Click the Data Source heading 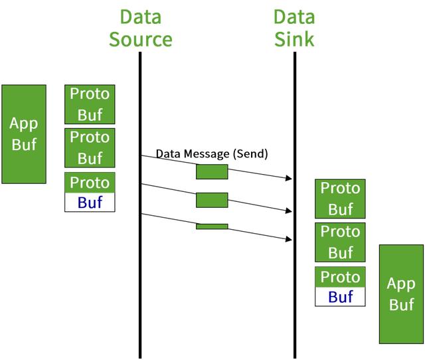pyautogui.click(x=140, y=28)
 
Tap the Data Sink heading pyautogui.click(x=294, y=28)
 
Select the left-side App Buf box pyautogui.click(x=24, y=134)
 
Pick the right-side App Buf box pyautogui.click(x=401, y=294)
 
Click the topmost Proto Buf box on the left pyautogui.click(x=90, y=104)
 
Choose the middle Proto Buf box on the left pyautogui.click(x=90, y=148)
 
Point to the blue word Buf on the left pyautogui.click(x=90, y=202)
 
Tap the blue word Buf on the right pyautogui.click(x=341, y=296)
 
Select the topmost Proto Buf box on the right pyautogui.click(x=340, y=199)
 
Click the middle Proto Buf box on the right pyautogui.click(x=340, y=242)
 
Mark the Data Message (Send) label pyautogui.click(x=212, y=153)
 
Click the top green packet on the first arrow pyautogui.click(x=212, y=171)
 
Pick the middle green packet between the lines pyautogui.click(x=212, y=200)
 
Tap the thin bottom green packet pyautogui.click(x=212, y=226)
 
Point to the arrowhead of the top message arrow pyautogui.click(x=289, y=178)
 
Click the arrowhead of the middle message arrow pyautogui.click(x=289, y=211)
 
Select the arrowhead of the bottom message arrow pyautogui.click(x=289, y=239)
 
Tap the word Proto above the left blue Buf pyautogui.click(x=90, y=183)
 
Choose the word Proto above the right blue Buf pyautogui.click(x=340, y=277)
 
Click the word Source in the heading pyautogui.click(x=140, y=39)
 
